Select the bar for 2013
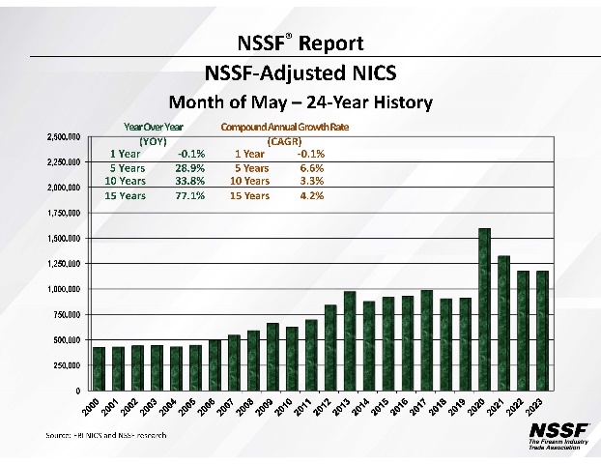pos(350,340)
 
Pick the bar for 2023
pos(543,331)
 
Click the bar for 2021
pos(504,323)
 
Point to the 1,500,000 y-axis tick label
pos(66,238)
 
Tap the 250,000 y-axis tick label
pos(68,365)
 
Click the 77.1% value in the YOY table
pos(189,195)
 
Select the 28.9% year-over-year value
pos(189,167)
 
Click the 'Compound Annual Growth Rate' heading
pos(285,127)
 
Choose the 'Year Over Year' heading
pos(154,127)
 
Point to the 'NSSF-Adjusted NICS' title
pos(300,72)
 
